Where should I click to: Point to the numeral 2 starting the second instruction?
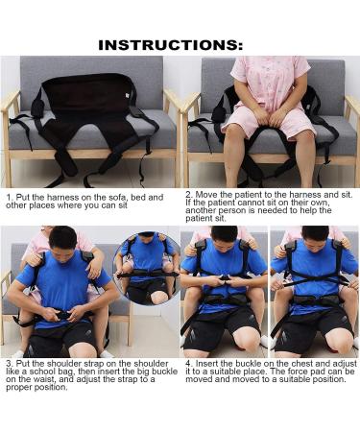coord(187,193)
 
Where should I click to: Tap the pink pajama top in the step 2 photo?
coord(262,86)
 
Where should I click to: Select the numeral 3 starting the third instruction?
coord(7,365)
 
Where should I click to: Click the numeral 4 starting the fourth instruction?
coord(187,365)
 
